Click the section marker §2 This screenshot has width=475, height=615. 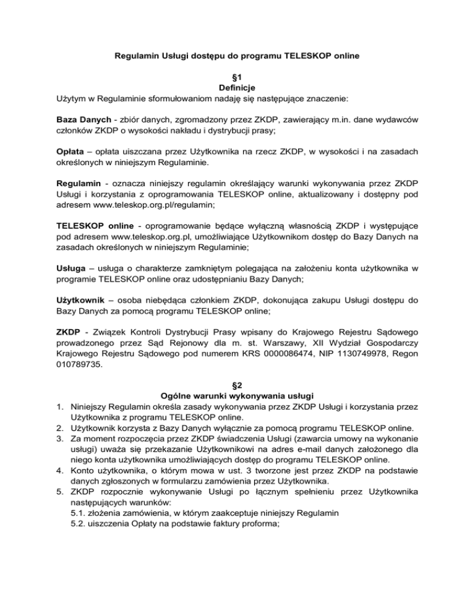pos(237,384)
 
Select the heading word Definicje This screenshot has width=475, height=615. pos(237,87)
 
